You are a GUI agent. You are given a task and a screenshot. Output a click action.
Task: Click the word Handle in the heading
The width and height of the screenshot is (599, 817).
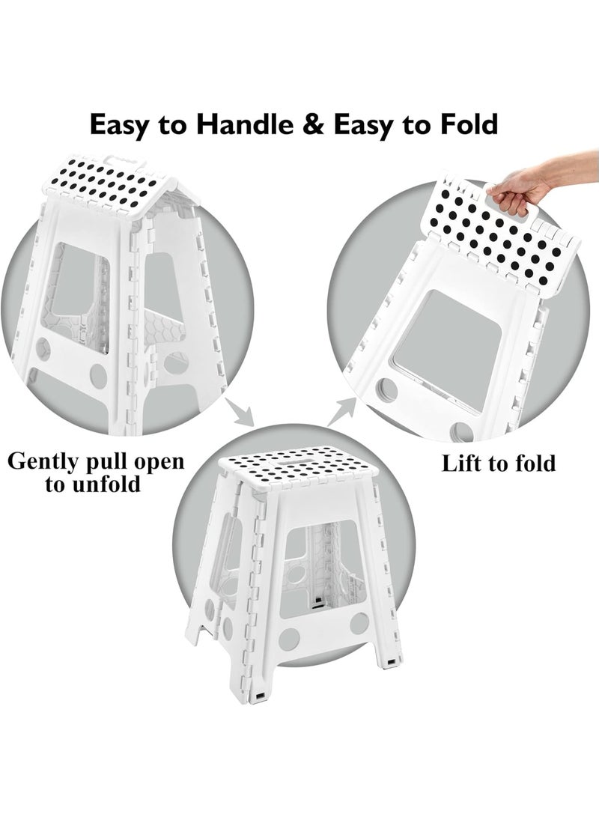click(x=243, y=124)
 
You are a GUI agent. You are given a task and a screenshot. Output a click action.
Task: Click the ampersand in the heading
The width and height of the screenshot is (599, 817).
click(x=316, y=124)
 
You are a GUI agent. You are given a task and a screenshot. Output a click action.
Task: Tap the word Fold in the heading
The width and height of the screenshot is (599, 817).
click(x=468, y=124)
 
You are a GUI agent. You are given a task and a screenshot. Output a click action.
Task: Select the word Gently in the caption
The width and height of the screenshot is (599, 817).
click(x=46, y=461)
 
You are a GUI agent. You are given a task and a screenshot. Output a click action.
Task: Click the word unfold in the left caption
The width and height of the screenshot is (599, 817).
click(x=104, y=485)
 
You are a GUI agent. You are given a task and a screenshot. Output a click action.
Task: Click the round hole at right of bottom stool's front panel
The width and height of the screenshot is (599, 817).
click(x=359, y=622)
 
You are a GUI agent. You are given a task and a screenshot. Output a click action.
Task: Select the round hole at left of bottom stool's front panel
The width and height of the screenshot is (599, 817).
click(x=289, y=638)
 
